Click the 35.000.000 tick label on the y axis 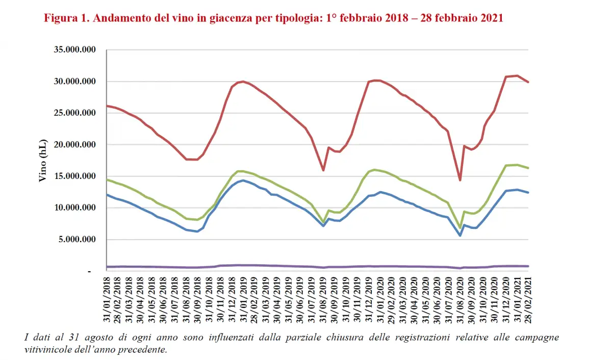tap(74, 50)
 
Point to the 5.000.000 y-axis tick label tap(76, 239)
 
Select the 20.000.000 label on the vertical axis tap(74, 145)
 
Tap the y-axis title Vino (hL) tap(42, 160)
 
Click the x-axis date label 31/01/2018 tap(107, 301)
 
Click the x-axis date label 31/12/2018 tap(233, 301)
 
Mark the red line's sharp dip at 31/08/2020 tap(460, 180)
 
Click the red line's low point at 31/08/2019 tap(323, 170)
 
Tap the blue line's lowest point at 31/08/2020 tap(460, 236)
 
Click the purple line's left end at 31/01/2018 tap(107, 267)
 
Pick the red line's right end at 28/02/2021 tap(529, 82)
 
